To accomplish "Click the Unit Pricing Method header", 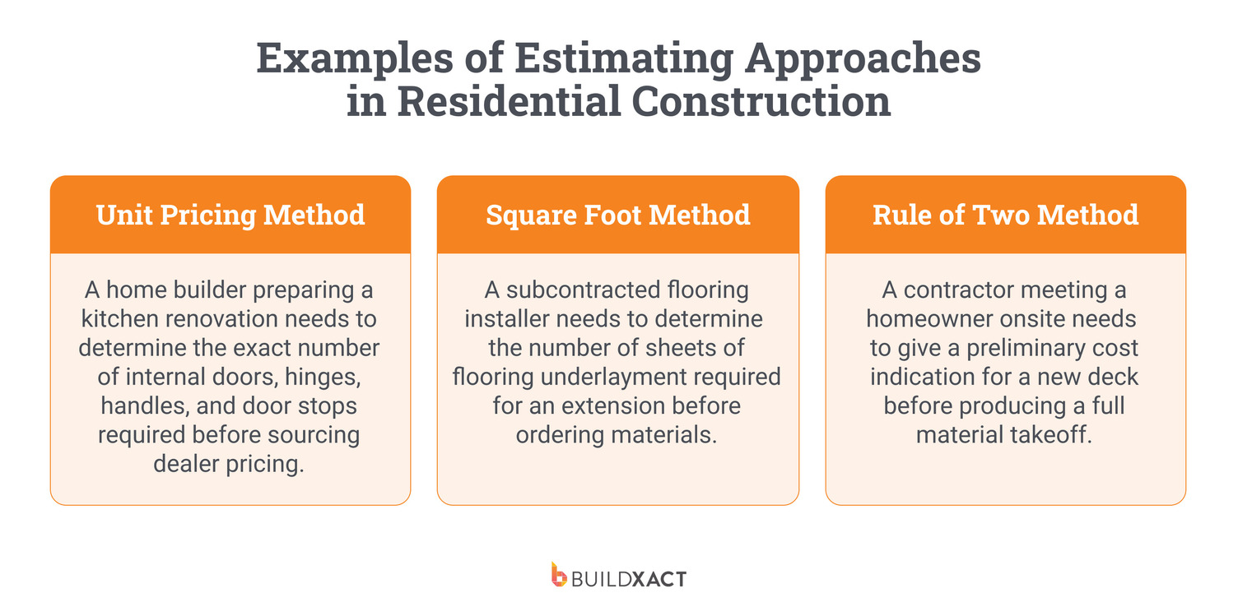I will pyautogui.click(x=230, y=215).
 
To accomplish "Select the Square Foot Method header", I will pyautogui.click(x=617, y=215).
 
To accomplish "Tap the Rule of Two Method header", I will pyautogui.click(x=1005, y=215).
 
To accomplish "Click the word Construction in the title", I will pyautogui.click(x=761, y=103).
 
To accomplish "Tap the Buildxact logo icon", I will pyautogui.click(x=559, y=575).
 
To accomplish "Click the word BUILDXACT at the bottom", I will pyautogui.click(x=629, y=578).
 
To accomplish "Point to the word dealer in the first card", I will pyautogui.click(x=186, y=463).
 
